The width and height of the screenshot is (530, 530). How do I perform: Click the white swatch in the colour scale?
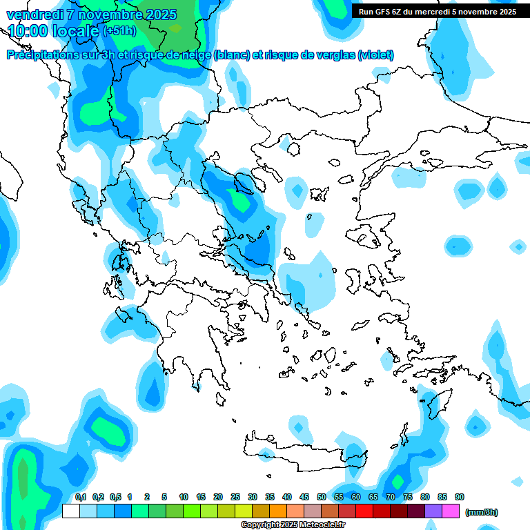pyautogui.click(x=70, y=511)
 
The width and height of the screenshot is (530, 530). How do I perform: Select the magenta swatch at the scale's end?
pyautogui.click(x=451, y=511)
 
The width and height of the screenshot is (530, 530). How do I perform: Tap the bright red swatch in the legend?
pyautogui.click(x=364, y=511)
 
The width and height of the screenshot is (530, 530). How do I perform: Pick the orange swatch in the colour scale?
pyautogui.click(x=278, y=511)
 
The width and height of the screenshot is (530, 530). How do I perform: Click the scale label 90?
pyautogui.click(x=460, y=497)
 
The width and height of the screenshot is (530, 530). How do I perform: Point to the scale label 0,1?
pyautogui.click(x=80, y=497)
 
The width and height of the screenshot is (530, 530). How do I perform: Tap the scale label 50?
pyautogui.click(x=322, y=497)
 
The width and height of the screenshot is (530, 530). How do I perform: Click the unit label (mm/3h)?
pyautogui.click(x=482, y=512)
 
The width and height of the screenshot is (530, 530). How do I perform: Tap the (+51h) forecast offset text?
pyautogui.click(x=119, y=31)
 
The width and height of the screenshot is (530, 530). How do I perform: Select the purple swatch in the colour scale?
pyautogui.click(x=433, y=511)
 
